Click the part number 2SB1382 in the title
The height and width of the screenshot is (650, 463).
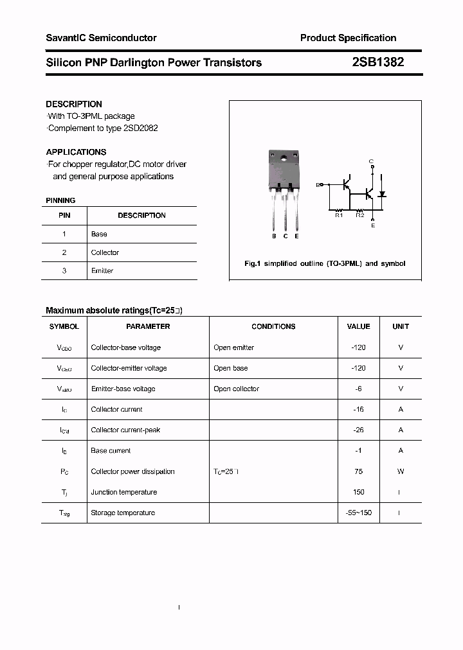(x=377, y=62)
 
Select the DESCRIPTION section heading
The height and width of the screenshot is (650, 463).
(x=74, y=104)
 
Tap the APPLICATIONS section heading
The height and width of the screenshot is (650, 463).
(x=76, y=152)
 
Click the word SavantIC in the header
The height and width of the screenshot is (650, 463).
(x=66, y=38)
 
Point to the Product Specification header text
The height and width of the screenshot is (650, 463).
(x=348, y=38)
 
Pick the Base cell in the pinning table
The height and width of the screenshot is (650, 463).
(x=99, y=234)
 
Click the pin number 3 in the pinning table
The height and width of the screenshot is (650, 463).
(x=64, y=271)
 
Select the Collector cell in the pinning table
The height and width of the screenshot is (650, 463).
(x=105, y=252)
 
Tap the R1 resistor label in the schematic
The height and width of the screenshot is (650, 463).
(x=339, y=216)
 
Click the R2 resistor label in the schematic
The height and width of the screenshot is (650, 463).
(x=359, y=216)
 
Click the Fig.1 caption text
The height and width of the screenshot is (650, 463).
(x=325, y=264)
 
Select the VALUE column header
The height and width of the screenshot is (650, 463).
(x=358, y=326)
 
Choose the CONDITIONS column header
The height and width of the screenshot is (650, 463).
(x=273, y=326)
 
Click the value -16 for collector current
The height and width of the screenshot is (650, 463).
(x=358, y=409)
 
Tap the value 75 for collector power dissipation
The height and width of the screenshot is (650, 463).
(x=358, y=471)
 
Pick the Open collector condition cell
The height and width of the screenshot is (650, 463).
(x=236, y=389)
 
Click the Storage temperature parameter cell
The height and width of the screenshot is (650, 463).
(x=123, y=513)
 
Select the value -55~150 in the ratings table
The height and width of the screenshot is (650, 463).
(x=358, y=513)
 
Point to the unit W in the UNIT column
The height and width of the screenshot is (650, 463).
(x=401, y=471)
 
